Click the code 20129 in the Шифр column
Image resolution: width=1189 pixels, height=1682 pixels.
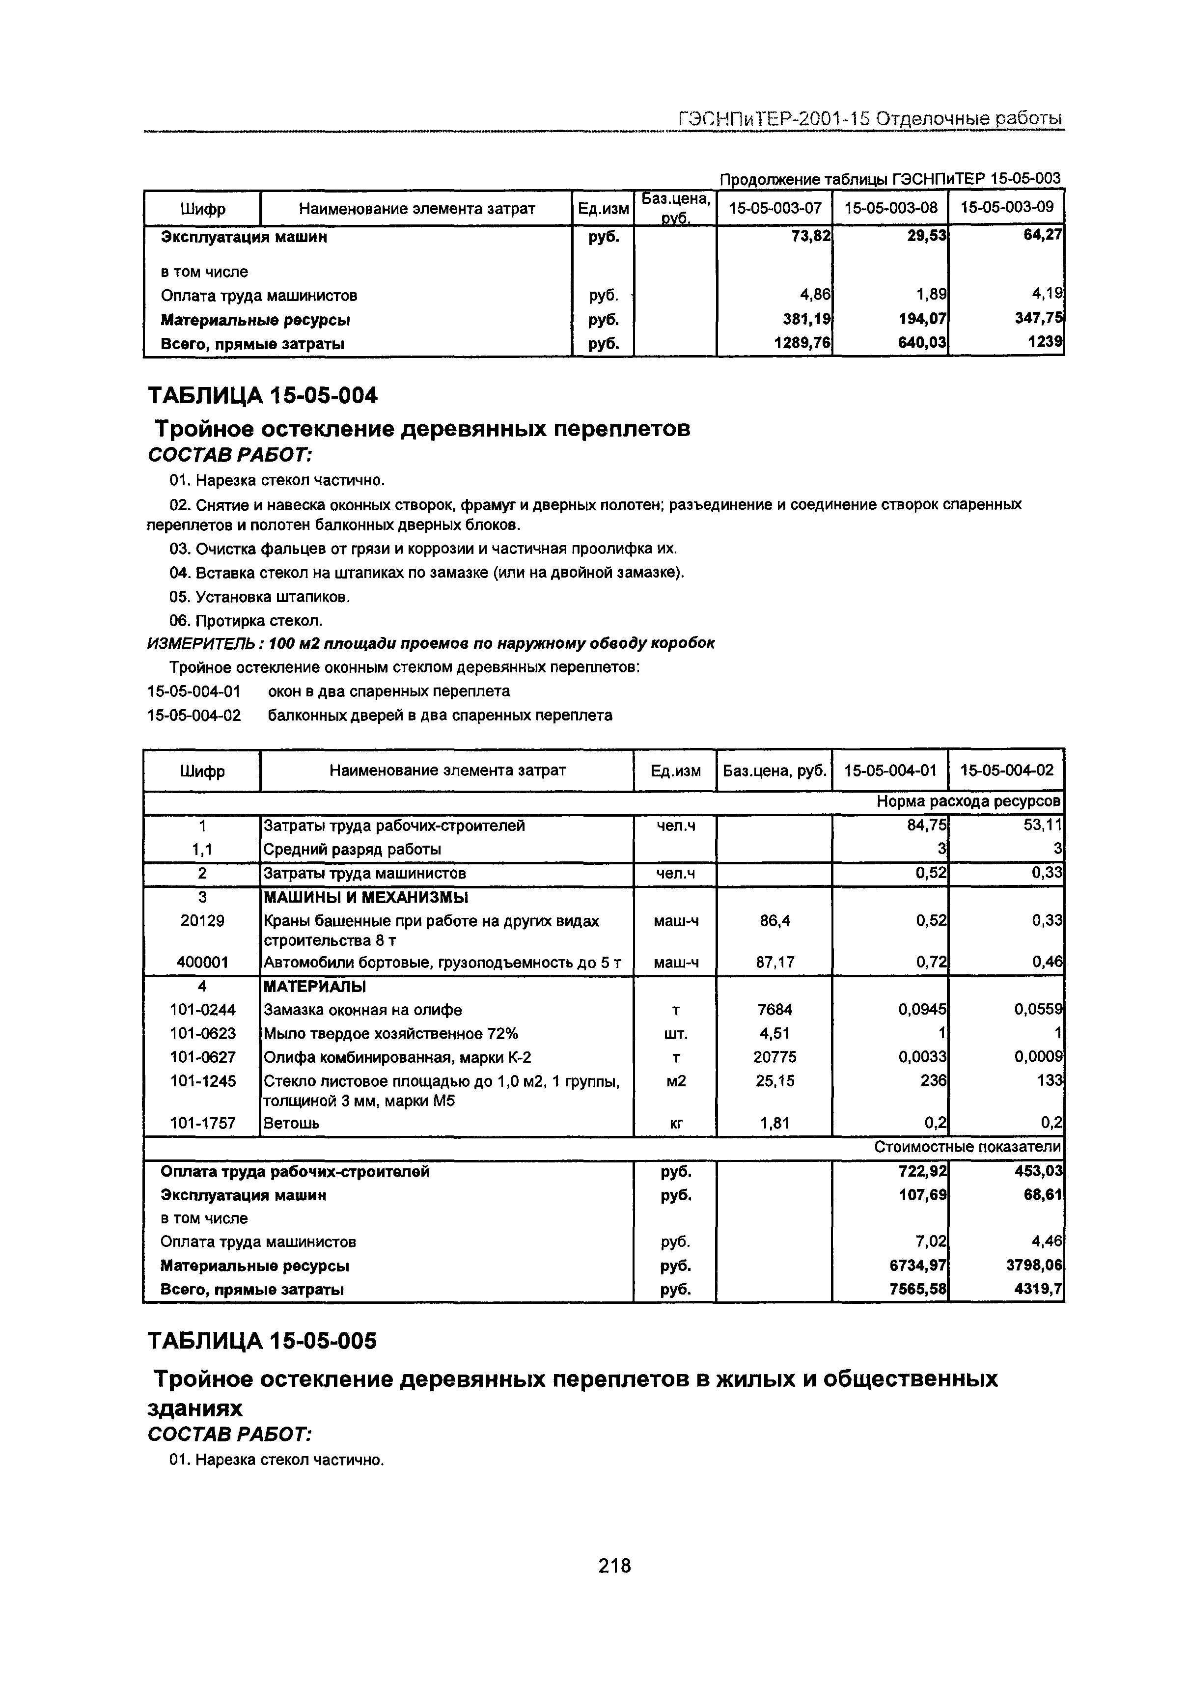[x=202, y=921]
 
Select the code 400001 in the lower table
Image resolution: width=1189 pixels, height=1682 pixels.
[x=202, y=962]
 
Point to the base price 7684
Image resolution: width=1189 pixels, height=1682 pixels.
[x=774, y=1010]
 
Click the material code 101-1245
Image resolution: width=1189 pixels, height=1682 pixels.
[x=202, y=1080]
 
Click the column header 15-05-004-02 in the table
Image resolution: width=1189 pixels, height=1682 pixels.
[x=1007, y=770]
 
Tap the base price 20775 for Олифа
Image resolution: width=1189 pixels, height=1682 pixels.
[x=774, y=1057]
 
